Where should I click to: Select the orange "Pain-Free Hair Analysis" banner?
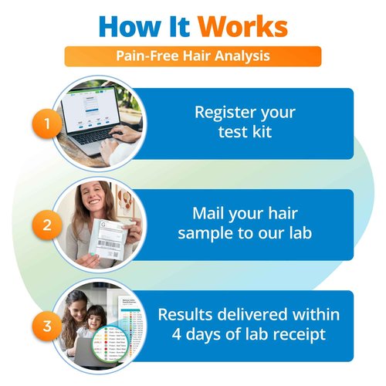(192, 56)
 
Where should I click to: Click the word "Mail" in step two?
(206, 211)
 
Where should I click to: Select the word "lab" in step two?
(301, 231)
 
